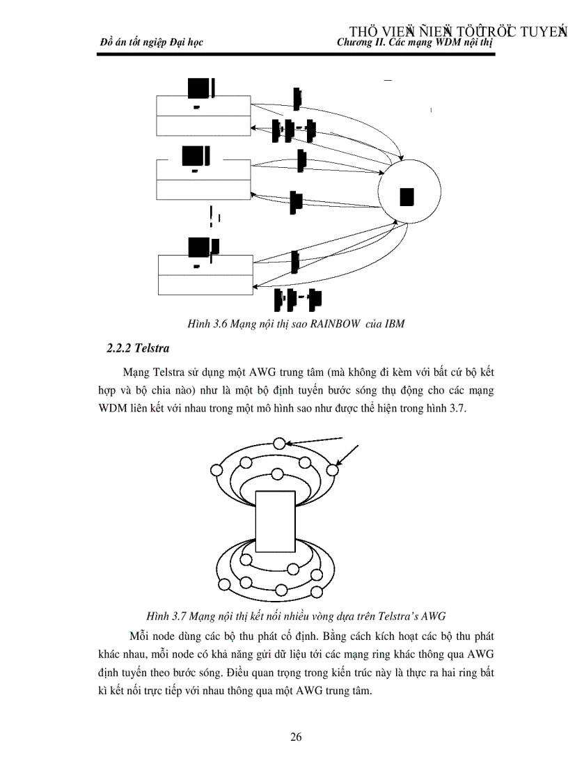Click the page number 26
(296, 737)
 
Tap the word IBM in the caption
(395, 324)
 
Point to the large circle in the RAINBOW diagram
(409, 197)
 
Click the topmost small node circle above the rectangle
(279, 443)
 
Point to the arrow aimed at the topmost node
(317, 439)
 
